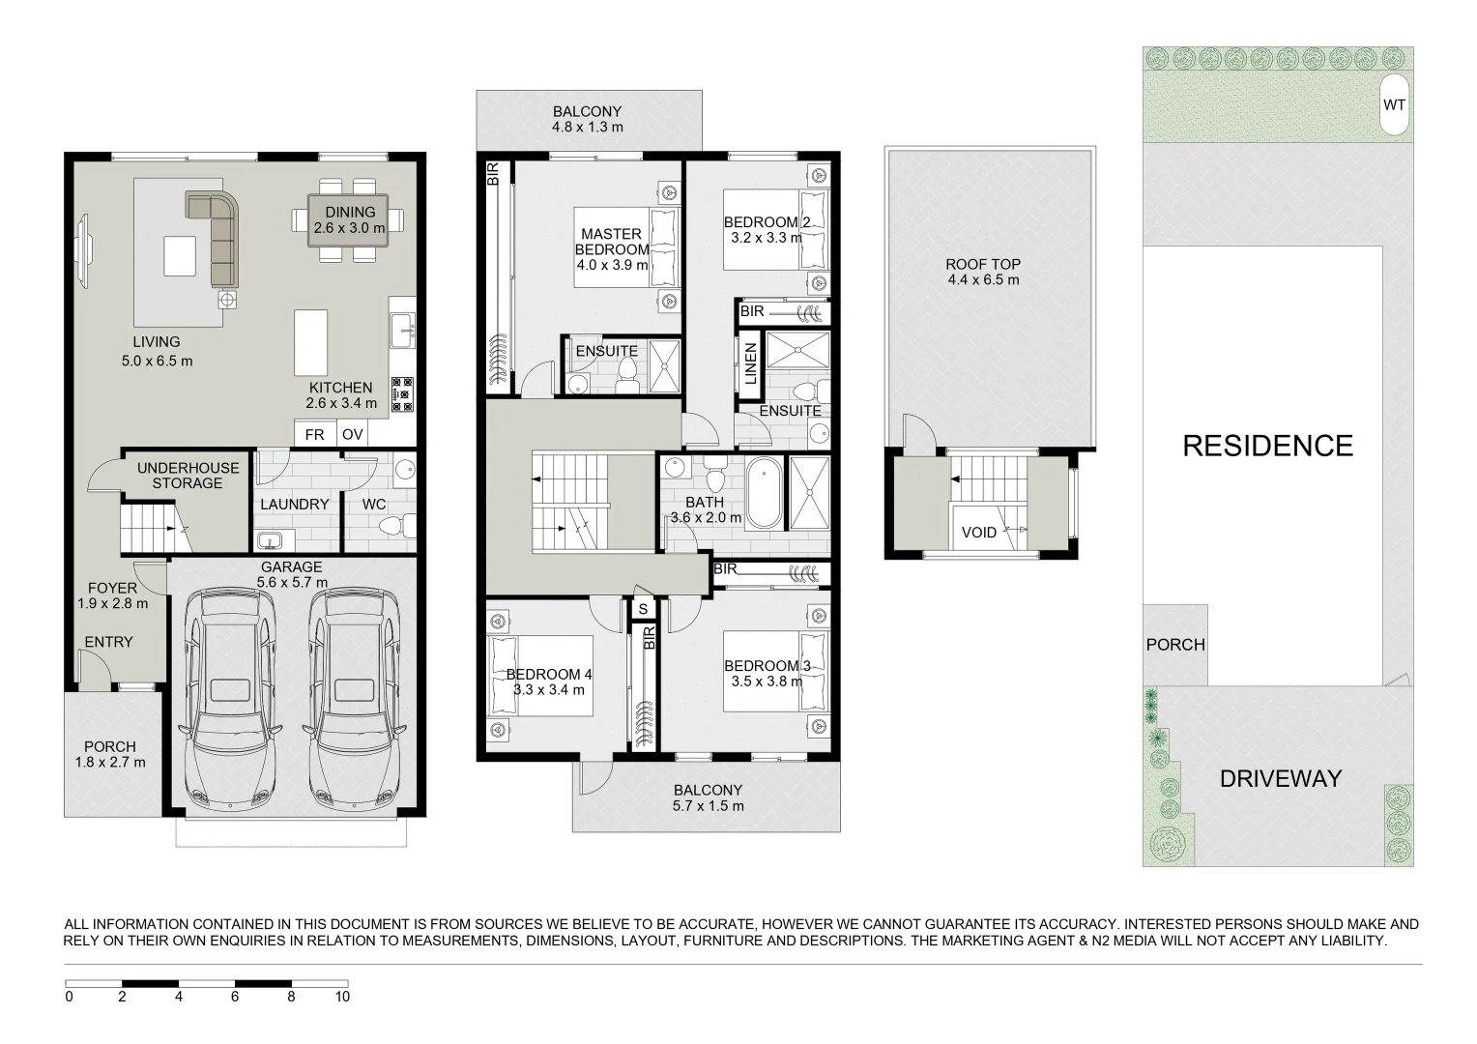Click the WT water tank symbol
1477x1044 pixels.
[x=1394, y=104]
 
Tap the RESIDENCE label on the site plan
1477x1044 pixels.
[x=1267, y=446]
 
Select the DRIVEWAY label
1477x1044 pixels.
[x=1280, y=778]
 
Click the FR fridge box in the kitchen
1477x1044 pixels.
[x=314, y=434]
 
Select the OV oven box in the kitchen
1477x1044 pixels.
[x=352, y=434]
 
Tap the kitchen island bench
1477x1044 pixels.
[x=310, y=342]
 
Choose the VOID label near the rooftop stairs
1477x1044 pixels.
[x=978, y=532]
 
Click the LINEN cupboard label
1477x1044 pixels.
[x=750, y=362]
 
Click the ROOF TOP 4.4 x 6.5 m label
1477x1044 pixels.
[x=983, y=272]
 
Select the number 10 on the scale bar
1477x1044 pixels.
[x=341, y=997]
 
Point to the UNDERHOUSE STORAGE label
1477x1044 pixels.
[x=187, y=476]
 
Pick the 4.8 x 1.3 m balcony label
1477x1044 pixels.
[x=587, y=119]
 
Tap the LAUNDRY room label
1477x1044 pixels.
[x=294, y=504]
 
